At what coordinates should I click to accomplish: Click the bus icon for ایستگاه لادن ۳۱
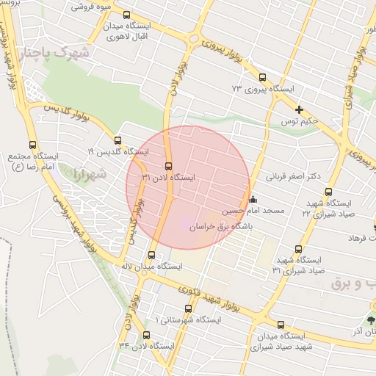(169, 166)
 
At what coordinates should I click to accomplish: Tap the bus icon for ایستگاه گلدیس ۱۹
(117, 140)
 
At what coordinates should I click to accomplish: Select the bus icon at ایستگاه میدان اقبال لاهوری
(127, 15)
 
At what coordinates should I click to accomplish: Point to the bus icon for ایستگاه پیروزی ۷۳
(262, 76)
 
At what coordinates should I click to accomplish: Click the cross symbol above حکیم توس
(299, 109)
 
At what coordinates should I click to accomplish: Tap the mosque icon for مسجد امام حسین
(253, 198)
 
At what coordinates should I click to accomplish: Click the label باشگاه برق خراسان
(221, 228)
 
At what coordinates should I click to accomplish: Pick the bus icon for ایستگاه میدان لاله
(151, 255)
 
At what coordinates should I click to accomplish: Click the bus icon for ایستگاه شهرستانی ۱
(189, 308)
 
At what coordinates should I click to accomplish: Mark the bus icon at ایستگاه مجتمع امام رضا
(32, 145)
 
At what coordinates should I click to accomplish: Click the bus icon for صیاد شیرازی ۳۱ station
(299, 249)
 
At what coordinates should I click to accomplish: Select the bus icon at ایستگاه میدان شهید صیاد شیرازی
(281, 324)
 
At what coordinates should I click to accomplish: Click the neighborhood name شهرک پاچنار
(55, 53)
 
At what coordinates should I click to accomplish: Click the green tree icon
(371, 320)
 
